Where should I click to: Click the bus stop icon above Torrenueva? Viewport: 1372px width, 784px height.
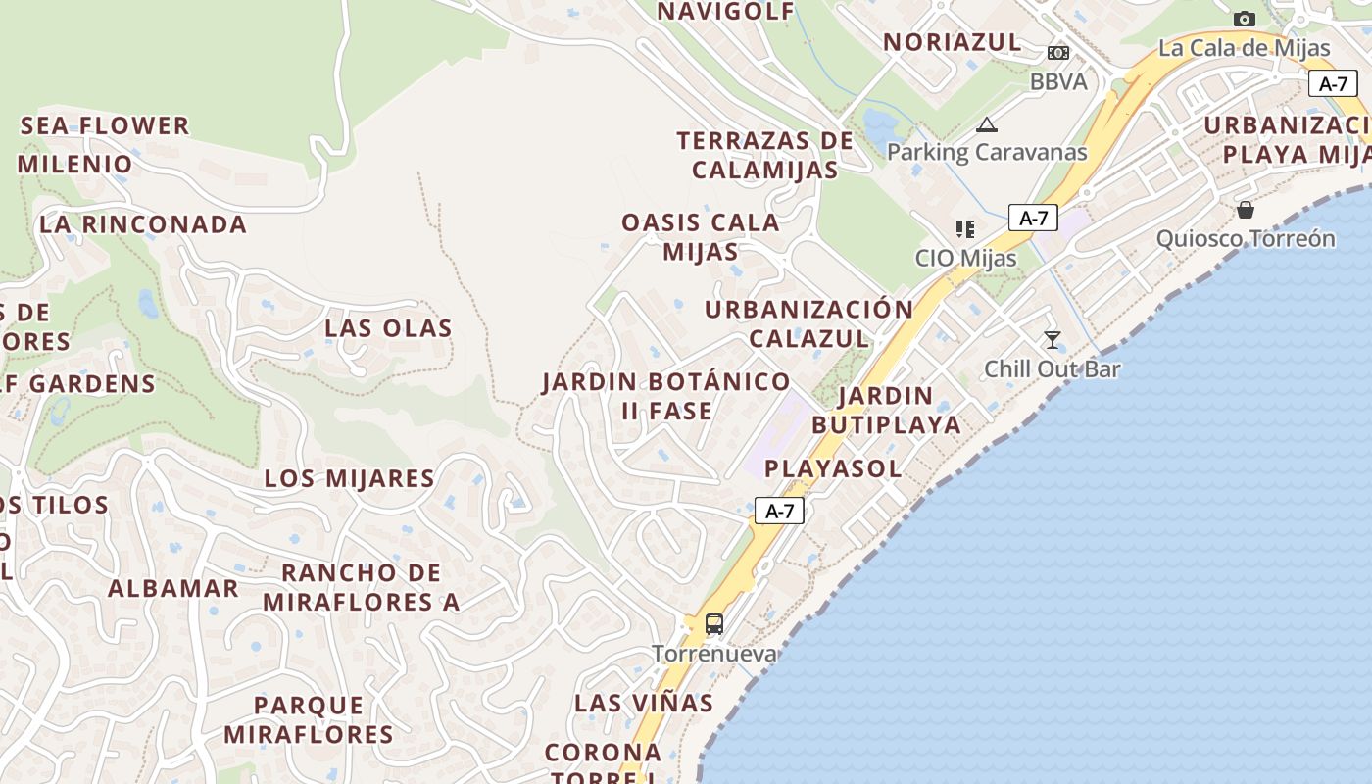point(714,623)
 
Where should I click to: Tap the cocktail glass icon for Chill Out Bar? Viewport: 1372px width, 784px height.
point(1053,340)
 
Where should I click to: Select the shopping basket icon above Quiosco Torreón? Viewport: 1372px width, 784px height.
point(1245,210)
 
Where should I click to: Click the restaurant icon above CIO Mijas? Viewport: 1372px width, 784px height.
point(965,229)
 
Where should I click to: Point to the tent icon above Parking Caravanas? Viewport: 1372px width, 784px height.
point(987,124)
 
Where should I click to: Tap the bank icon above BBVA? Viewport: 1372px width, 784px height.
point(1058,53)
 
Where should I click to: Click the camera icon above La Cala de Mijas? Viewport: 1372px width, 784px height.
point(1245,19)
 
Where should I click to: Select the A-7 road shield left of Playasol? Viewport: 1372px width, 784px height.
point(779,511)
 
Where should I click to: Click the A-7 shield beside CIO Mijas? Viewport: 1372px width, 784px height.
point(1034,218)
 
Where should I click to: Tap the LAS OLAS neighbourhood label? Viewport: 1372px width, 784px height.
point(389,328)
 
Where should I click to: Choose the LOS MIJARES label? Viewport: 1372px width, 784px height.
point(350,478)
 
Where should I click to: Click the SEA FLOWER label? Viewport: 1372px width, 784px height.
point(105,125)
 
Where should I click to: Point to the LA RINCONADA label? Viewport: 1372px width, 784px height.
point(143,224)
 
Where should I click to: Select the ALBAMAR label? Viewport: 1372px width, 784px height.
point(173,588)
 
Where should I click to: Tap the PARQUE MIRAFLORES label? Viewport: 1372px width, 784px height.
point(309,719)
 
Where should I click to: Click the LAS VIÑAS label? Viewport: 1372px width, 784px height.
point(644,703)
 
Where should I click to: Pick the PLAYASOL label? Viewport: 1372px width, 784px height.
point(833,468)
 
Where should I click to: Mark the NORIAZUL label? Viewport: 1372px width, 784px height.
point(953,42)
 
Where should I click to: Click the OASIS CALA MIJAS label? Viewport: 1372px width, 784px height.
point(701,236)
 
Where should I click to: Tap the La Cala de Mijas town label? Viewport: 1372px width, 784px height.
point(1245,47)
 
